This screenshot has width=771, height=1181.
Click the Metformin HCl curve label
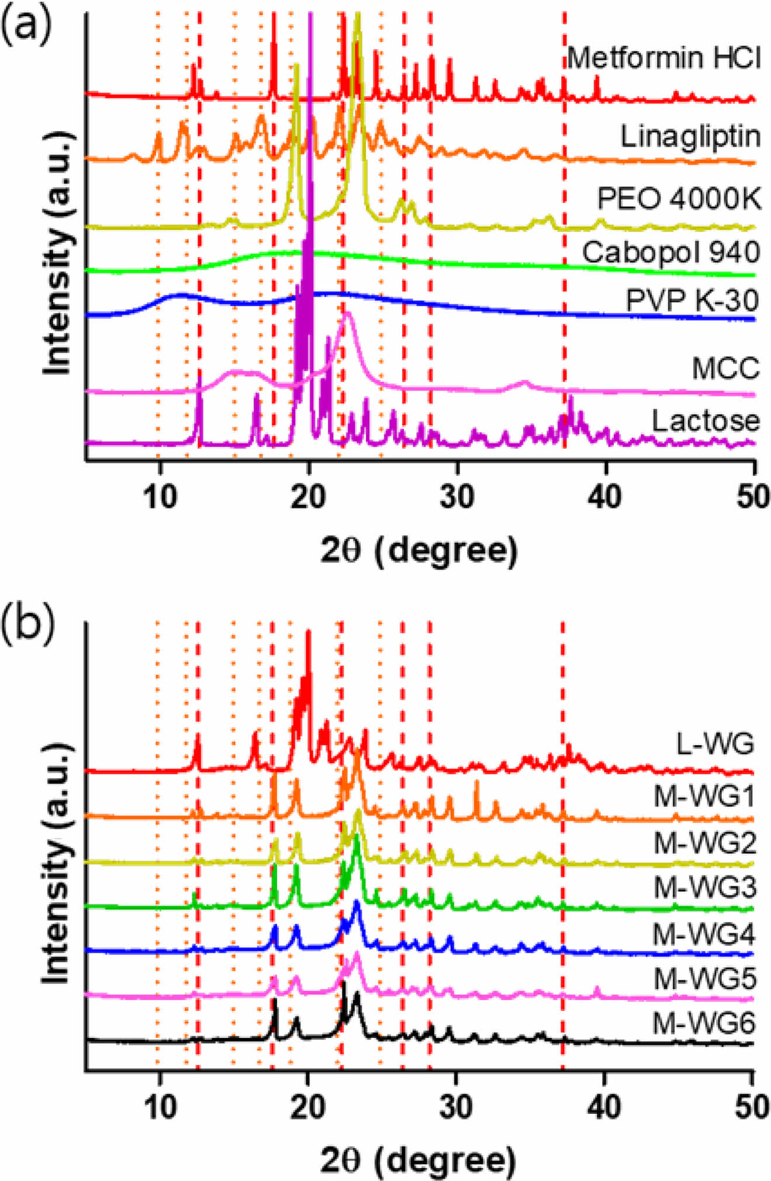pyautogui.click(x=664, y=58)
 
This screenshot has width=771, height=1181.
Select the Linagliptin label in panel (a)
pyautogui.click(x=690, y=137)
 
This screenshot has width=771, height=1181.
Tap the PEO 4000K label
pyautogui.click(x=679, y=199)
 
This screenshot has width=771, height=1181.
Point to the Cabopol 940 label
pyautogui.click(x=670, y=252)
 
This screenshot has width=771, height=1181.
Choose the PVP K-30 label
pyautogui.click(x=692, y=300)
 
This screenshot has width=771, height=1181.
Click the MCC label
pyautogui.click(x=725, y=368)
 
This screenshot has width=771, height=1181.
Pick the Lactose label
pyautogui.click(x=706, y=421)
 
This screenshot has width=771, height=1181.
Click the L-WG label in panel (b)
pyautogui.click(x=715, y=743)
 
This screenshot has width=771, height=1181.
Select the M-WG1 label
pyautogui.click(x=704, y=796)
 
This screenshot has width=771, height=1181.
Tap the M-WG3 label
pyautogui.click(x=704, y=888)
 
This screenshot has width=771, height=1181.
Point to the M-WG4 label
pyautogui.click(x=704, y=934)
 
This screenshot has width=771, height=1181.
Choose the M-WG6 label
pyautogui.click(x=704, y=1023)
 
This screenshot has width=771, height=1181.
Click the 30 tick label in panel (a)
pyautogui.click(x=457, y=496)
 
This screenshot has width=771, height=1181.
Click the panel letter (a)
pyautogui.click(x=26, y=25)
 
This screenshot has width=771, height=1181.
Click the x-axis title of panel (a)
pyautogui.click(x=419, y=550)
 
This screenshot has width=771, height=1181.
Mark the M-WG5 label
pyautogui.click(x=704, y=978)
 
